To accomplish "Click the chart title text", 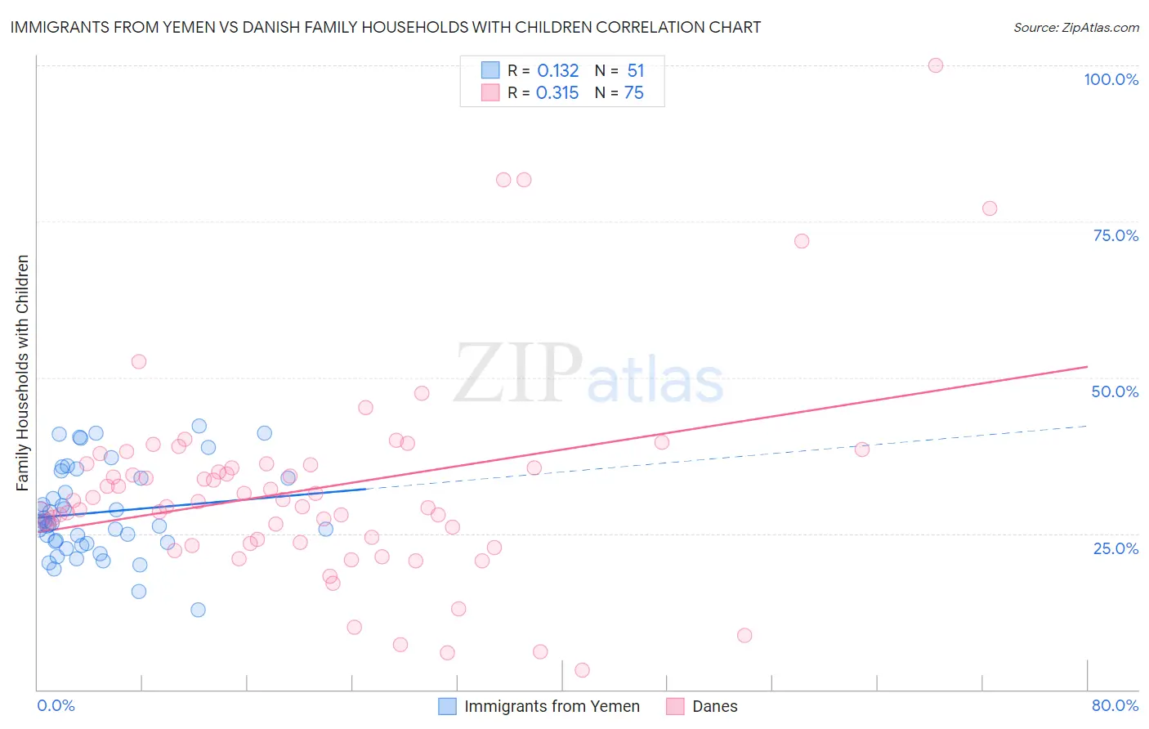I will click(386, 27).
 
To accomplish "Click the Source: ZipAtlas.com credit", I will click(1075, 27).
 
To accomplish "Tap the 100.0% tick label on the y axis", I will click(1111, 79).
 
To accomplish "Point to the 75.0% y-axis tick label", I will click(1115, 235).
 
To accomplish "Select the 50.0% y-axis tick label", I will click(1115, 391).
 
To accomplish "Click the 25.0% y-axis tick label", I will click(1115, 548).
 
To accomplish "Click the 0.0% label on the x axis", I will click(56, 705).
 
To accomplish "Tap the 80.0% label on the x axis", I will click(1115, 705).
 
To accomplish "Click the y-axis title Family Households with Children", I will click(23, 373).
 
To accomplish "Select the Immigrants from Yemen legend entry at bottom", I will click(539, 706).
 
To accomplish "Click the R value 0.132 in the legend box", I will click(558, 71).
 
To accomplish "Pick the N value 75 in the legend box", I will click(634, 93).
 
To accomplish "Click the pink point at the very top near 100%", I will click(936, 65).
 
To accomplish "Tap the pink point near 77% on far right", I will click(990, 208).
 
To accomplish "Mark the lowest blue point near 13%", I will click(198, 610).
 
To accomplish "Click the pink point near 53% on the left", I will click(139, 361).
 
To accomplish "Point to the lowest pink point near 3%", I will click(582, 670).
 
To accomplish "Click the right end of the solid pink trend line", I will click(1087, 367).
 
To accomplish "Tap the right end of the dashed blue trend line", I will click(1087, 426).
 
